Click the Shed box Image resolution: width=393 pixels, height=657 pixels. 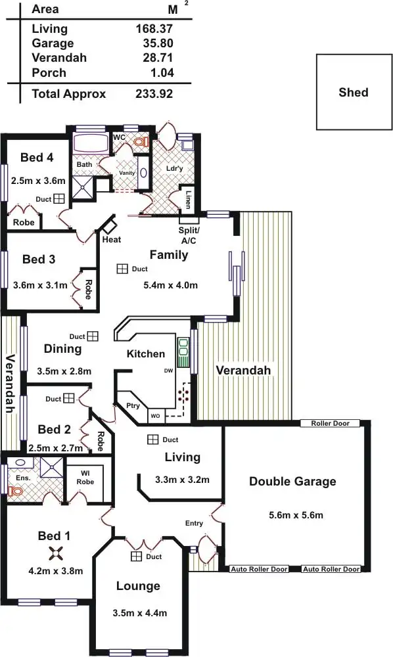coord(353,92)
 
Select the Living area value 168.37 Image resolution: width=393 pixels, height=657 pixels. coord(154,29)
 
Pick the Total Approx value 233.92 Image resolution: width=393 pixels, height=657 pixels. coord(154,94)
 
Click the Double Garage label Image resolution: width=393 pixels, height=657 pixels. coord(292,482)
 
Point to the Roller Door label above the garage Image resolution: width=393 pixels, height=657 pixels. coord(331,424)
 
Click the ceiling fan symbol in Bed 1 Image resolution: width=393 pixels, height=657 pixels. coord(55,554)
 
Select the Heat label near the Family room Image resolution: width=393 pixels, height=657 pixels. coord(111,239)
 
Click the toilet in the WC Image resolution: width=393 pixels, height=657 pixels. coord(139,141)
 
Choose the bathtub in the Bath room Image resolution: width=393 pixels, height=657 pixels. coord(93,143)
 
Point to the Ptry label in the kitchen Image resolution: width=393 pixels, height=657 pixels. coord(133,405)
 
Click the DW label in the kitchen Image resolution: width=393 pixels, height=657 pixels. coord(168,371)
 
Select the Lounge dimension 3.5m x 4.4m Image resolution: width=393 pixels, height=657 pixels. coord(139,613)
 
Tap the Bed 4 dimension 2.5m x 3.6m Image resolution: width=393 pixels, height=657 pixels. coord(38,180)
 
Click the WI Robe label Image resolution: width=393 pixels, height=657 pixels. coord(85,477)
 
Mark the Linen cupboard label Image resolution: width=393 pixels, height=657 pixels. coord(189,199)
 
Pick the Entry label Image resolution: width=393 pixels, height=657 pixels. coord(194,523)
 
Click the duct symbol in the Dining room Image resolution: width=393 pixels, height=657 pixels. coord(93,336)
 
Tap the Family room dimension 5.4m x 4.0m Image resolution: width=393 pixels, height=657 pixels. coord(170,285)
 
